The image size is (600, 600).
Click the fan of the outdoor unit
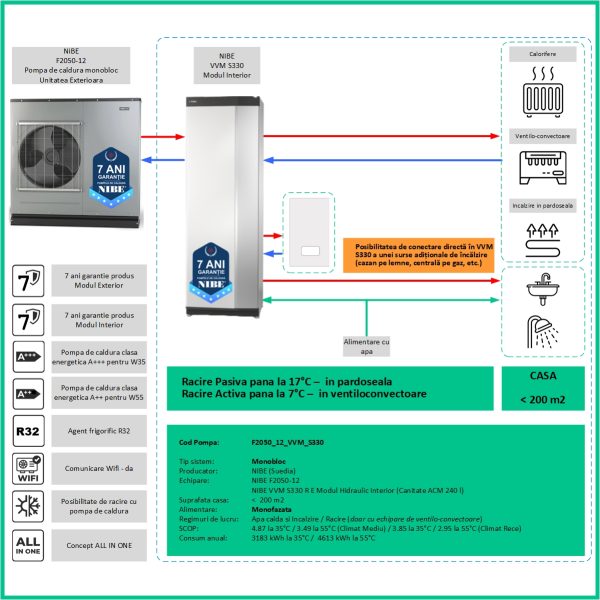click(45, 151)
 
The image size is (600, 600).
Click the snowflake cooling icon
click(30, 506)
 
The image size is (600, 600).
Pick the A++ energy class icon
click(30, 394)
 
